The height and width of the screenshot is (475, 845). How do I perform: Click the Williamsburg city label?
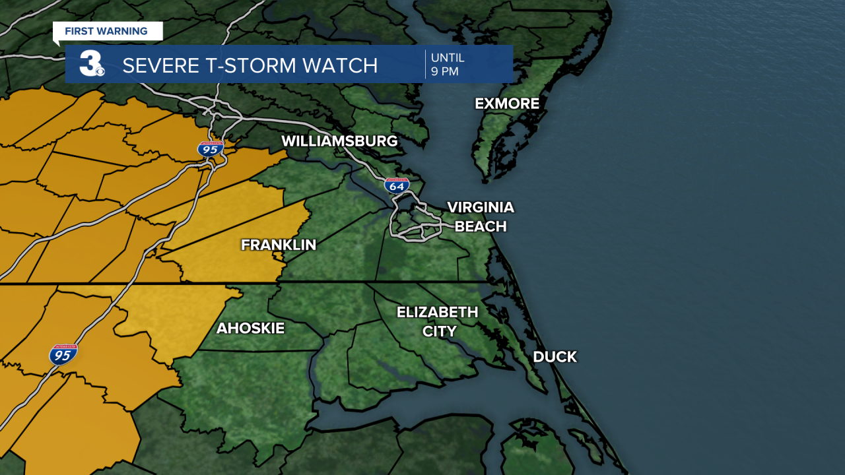pos(339,141)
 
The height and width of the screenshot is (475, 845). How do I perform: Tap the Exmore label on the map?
pos(507,104)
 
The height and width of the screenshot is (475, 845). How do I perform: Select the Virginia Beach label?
pos(480,217)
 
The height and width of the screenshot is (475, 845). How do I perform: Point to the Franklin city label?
pos(278,245)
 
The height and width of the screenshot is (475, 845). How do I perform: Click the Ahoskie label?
pos(250,328)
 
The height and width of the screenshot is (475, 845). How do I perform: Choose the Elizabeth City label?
pos(437,321)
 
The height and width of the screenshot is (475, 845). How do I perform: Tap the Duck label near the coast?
pos(555,357)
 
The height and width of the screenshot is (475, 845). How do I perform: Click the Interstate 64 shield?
pos(397,185)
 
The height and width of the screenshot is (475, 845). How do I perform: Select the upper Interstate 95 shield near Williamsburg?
pos(210,148)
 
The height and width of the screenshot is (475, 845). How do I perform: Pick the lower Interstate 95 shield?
pos(63,354)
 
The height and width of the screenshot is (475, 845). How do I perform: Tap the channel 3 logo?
pos(92,64)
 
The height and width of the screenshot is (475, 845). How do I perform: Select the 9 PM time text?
pos(444,72)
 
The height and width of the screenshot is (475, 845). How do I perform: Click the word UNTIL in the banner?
pos(448,58)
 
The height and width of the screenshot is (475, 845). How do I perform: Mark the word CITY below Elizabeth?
pos(439,331)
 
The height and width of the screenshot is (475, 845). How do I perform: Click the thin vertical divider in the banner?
pos(425,64)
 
